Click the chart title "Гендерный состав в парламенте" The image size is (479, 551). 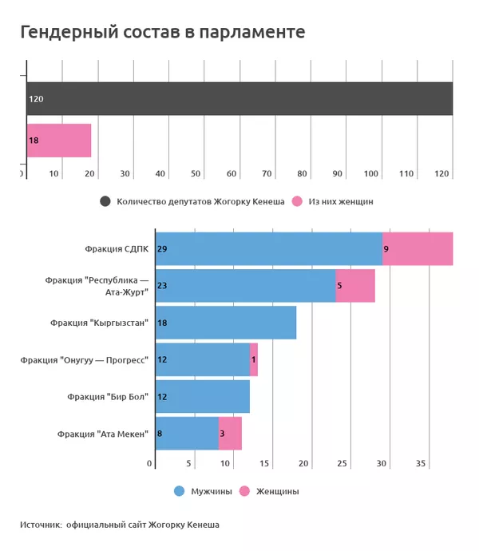pyautogui.click(x=162, y=33)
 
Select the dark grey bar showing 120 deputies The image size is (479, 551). pyautogui.click(x=239, y=99)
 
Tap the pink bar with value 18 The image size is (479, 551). pyautogui.click(x=58, y=141)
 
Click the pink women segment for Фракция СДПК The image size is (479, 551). pyautogui.click(x=418, y=249)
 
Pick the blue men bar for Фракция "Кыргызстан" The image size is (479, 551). pyautogui.click(x=225, y=323)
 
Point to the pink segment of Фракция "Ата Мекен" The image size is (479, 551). pyautogui.click(x=230, y=434)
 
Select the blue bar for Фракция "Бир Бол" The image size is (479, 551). pyautogui.click(x=202, y=397)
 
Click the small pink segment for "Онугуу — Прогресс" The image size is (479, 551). pyautogui.click(x=254, y=359)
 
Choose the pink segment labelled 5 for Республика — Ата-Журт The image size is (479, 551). pyautogui.click(x=355, y=286)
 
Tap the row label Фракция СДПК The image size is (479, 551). pyautogui.click(x=117, y=249)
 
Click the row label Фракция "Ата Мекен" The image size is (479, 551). pyautogui.click(x=103, y=434)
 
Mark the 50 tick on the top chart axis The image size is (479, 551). pyautogui.click(x=196, y=173)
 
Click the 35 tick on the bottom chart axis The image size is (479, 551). pyautogui.click(x=421, y=464)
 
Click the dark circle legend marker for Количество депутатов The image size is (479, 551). pyautogui.click(x=105, y=201)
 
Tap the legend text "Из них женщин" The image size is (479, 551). pyautogui.click(x=341, y=201)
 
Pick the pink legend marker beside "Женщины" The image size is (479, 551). pyautogui.click(x=244, y=491)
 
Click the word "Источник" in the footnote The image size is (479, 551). pyautogui.click(x=41, y=525)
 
